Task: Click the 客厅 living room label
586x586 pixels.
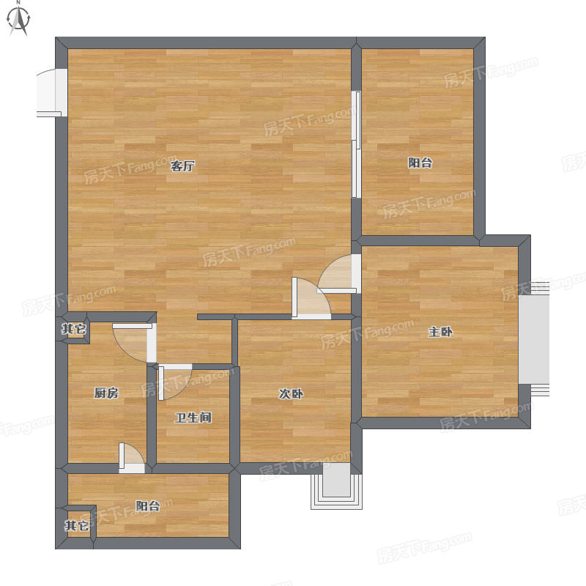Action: (182, 166)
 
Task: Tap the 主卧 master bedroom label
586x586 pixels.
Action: (440, 332)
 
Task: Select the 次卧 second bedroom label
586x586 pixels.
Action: (291, 393)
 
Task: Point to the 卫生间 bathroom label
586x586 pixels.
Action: (193, 418)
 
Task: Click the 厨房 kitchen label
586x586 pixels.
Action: (106, 393)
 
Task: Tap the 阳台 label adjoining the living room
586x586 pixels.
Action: (420, 163)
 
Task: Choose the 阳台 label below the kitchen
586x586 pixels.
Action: (148, 506)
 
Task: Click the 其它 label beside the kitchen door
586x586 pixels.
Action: (74, 329)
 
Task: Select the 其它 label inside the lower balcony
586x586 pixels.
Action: (77, 525)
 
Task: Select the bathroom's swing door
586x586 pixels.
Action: (175, 382)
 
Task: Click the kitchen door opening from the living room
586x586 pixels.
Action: (135, 342)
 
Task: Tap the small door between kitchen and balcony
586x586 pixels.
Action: (132, 459)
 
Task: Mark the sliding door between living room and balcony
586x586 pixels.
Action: (356, 144)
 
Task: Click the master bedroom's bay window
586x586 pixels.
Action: (534, 339)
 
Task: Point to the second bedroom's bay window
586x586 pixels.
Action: (336, 486)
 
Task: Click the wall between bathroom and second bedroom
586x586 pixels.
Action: (234, 415)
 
